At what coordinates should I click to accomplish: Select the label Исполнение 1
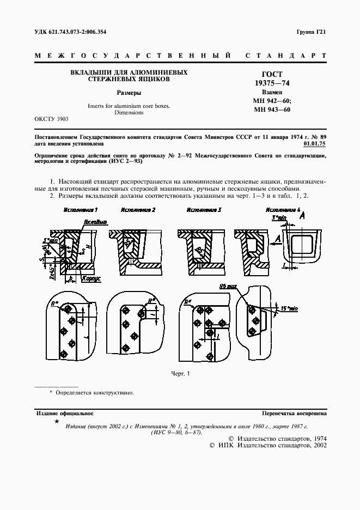tap(81, 210)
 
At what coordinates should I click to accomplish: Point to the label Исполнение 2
tap(138, 210)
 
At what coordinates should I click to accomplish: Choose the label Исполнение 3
tap(204, 210)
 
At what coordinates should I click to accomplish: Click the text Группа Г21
tap(312, 32)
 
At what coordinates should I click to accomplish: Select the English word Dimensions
tap(129, 113)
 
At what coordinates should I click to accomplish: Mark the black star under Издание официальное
tap(56, 421)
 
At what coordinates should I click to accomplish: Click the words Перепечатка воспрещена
tap(294, 414)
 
